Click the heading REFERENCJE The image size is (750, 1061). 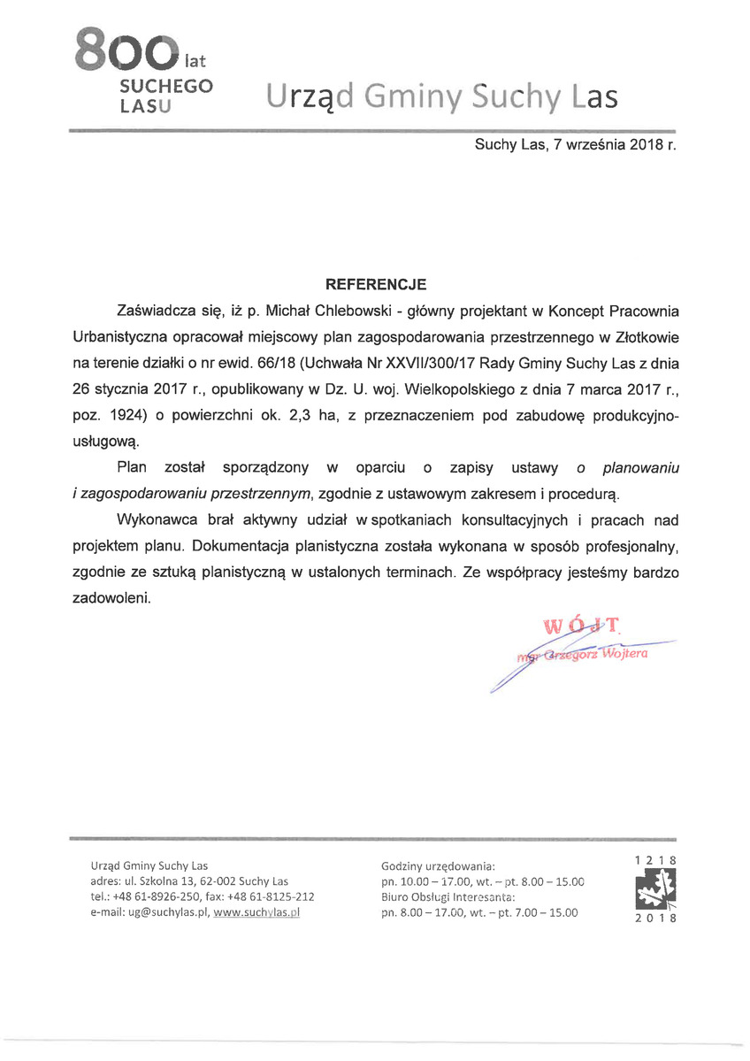(x=376, y=285)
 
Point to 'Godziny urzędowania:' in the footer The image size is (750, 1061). (x=438, y=865)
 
